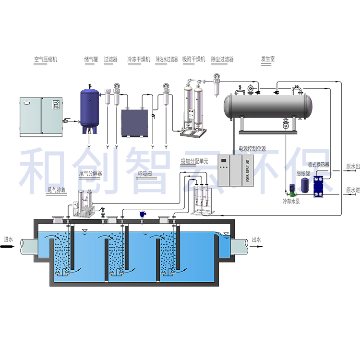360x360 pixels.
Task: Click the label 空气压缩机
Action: tap(46, 60)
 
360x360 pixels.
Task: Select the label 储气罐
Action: tap(91, 60)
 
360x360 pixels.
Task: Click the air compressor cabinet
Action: tap(41, 117)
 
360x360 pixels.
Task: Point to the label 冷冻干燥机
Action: tap(139, 60)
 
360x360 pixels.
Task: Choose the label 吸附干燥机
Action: tap(193, 60)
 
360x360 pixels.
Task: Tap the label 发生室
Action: tap(268, 60)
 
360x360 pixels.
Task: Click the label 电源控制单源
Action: tap(252, 149)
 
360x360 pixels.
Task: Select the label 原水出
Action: tap(353, 167)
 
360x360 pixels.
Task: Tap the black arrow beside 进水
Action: tap(8, 248)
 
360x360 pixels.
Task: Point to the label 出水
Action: tap(257, 240)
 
